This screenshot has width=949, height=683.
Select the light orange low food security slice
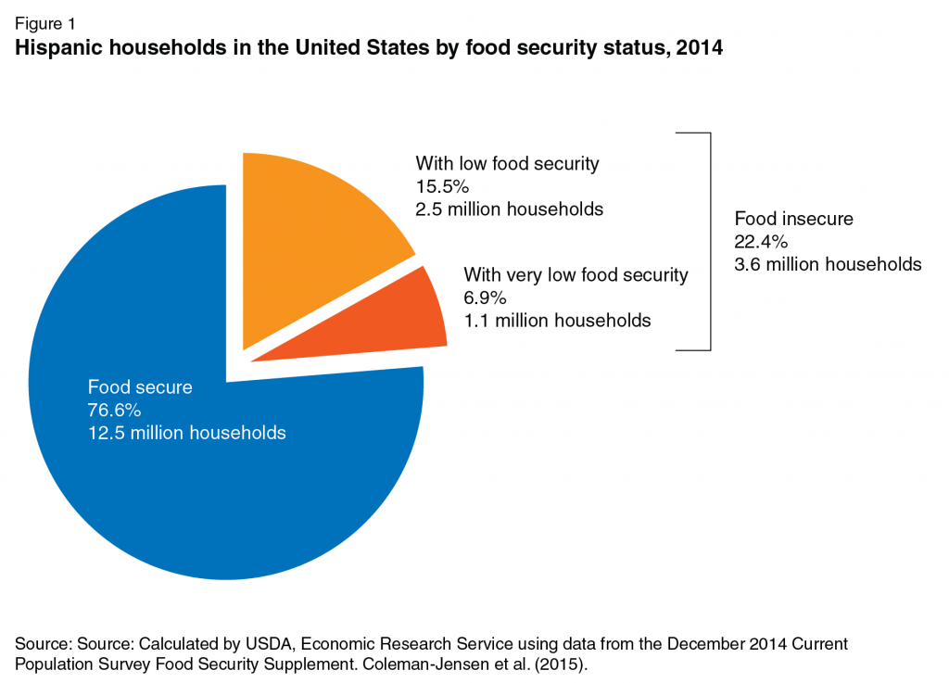[306, 241]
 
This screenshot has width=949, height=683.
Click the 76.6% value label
[114, 410]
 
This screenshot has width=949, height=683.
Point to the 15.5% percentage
[442, 186]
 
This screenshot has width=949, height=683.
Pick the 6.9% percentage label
[484, 297]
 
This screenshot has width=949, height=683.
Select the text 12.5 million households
[186, 433]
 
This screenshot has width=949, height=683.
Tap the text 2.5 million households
[510, 209]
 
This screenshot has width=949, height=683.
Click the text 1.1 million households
[557, 321]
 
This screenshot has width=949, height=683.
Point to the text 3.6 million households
[829, 264]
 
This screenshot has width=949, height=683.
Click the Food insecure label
[793, 220]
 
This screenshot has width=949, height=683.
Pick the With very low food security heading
[576, 274]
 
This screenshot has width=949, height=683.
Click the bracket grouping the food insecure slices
[710, 241]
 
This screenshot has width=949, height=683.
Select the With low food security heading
[507, 164]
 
